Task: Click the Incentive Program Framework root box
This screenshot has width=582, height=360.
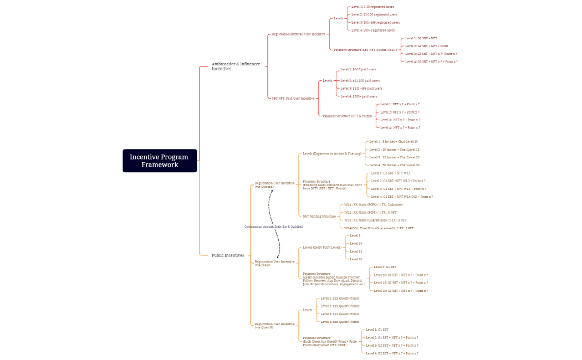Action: pyautogui.click(x=160, y=161)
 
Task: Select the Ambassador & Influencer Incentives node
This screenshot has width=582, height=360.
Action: pyautogui.click(x=236, y=66)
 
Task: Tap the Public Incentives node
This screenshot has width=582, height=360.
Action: pyautogui.click(x=227, y=255)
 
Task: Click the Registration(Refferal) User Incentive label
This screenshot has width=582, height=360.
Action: pyautogui.click(x=298, y=34)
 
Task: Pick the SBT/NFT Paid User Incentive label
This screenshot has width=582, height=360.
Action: pyautogui.click(x=293, y=98)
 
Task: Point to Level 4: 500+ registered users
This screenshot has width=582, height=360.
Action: pyautogui.click(x=373, y=30)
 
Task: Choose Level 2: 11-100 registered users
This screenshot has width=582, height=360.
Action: pyautogui.click(x=374, y=14)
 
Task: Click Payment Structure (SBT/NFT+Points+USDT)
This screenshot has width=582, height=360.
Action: pyautogui.click(x=365, y=50)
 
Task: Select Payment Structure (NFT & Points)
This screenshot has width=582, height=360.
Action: pyautogui.click(x=347, y=116)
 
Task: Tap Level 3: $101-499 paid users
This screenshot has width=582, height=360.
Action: pyautogui.click(x=361, y=88)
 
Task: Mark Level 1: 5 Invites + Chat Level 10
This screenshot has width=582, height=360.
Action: pyautogui.click(x=394, y=141)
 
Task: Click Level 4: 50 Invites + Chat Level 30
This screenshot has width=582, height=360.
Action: pyautogui.click(x=394, y=165)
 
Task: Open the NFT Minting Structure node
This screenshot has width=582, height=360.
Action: pyautogui.click(x=319, y=216)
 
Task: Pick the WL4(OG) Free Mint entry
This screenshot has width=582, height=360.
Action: pyautogui.click(x=379, y=228)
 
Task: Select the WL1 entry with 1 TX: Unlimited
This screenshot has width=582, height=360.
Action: pyautogui.click(x=373, y=204)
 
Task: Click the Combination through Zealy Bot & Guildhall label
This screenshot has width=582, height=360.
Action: pyautogui.click(x=274, y=227)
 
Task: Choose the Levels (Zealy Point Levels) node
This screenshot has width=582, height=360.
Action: pyautogui.click(x=322, y=248)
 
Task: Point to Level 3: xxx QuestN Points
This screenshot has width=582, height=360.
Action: pyautogui.click(x=339, y=314)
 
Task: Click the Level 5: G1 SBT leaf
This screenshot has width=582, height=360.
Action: pyautogui.click(x=385, y=267)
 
